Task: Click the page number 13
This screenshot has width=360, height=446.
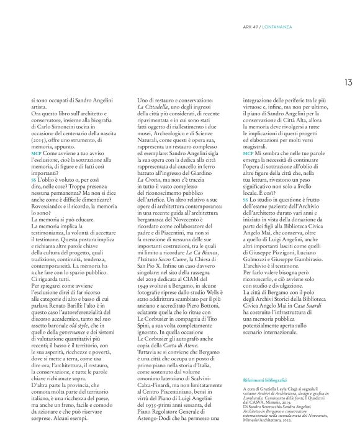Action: click(350, 79)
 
